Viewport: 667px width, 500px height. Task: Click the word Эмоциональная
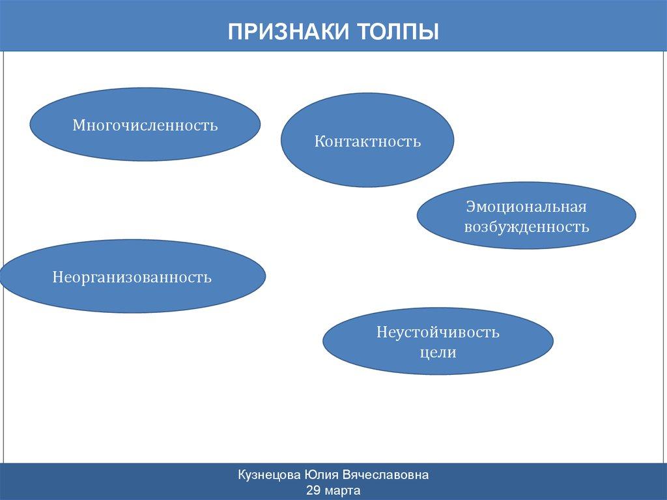coord(526,207)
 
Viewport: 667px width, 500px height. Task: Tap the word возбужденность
coord(526,228)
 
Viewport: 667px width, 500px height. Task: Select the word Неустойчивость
coord(438,333)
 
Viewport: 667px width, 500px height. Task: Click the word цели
coord(438,353)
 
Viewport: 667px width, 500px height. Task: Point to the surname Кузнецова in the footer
coord(271,476)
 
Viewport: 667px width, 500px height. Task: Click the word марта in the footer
coord(343,490)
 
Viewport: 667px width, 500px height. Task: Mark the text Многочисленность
coord(145,124)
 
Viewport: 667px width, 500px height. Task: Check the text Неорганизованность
coord(132,277)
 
